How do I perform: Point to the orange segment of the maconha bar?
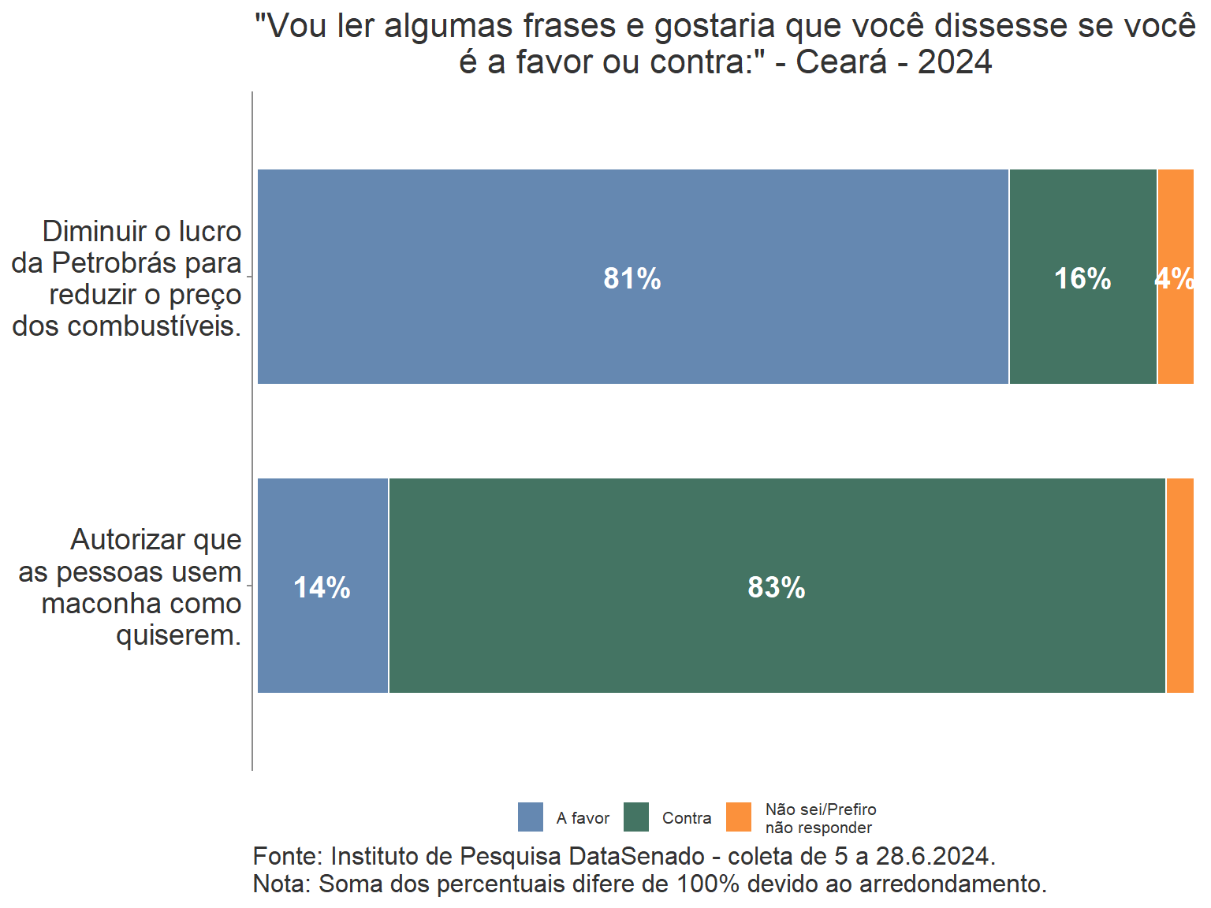(1179, 586)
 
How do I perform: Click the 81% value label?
(632, 279)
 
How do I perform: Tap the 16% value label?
(1082, 279)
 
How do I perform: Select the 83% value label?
(777, 588)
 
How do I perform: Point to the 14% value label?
(322, 588)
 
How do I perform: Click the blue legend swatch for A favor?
(531, 817)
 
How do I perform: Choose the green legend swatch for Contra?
(636, 817)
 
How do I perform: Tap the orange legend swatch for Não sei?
(739, 817)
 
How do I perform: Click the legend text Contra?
(687, 818)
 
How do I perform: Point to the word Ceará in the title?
(841, 62)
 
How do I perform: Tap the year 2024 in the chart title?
(955, 62)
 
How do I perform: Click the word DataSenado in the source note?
(637, 857)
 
